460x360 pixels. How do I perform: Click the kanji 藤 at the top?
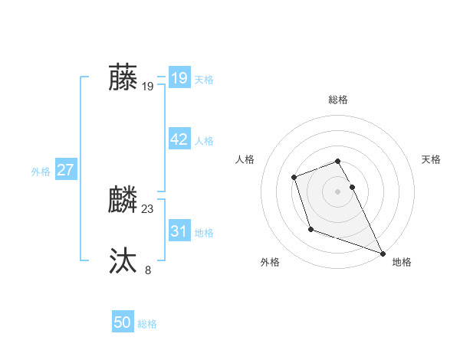click(123, 77)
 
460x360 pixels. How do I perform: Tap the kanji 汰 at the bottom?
click(123, 261)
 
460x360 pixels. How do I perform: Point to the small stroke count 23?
click(148, 209)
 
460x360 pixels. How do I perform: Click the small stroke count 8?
click(148, 270)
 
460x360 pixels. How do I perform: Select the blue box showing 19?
click(179, 77)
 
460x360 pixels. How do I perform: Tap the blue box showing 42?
click(179, 139)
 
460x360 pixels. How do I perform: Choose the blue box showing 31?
click(179, 231)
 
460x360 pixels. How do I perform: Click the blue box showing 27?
click(66, 170)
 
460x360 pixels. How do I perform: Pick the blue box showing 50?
click(123, 322)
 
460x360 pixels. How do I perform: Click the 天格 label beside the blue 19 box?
click(204, 80)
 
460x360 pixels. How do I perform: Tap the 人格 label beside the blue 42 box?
click(204, 141)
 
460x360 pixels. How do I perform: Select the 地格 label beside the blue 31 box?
click(204, 232)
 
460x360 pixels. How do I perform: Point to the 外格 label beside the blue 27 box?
click(41, 172)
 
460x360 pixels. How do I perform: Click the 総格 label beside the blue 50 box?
click(147, 325)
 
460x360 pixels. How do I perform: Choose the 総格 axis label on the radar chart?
click(338, 100)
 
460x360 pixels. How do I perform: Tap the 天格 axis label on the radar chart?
click(431, 159)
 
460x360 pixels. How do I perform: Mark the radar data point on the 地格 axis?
click(383, 252)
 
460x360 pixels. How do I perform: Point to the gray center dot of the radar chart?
click(338, 191)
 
